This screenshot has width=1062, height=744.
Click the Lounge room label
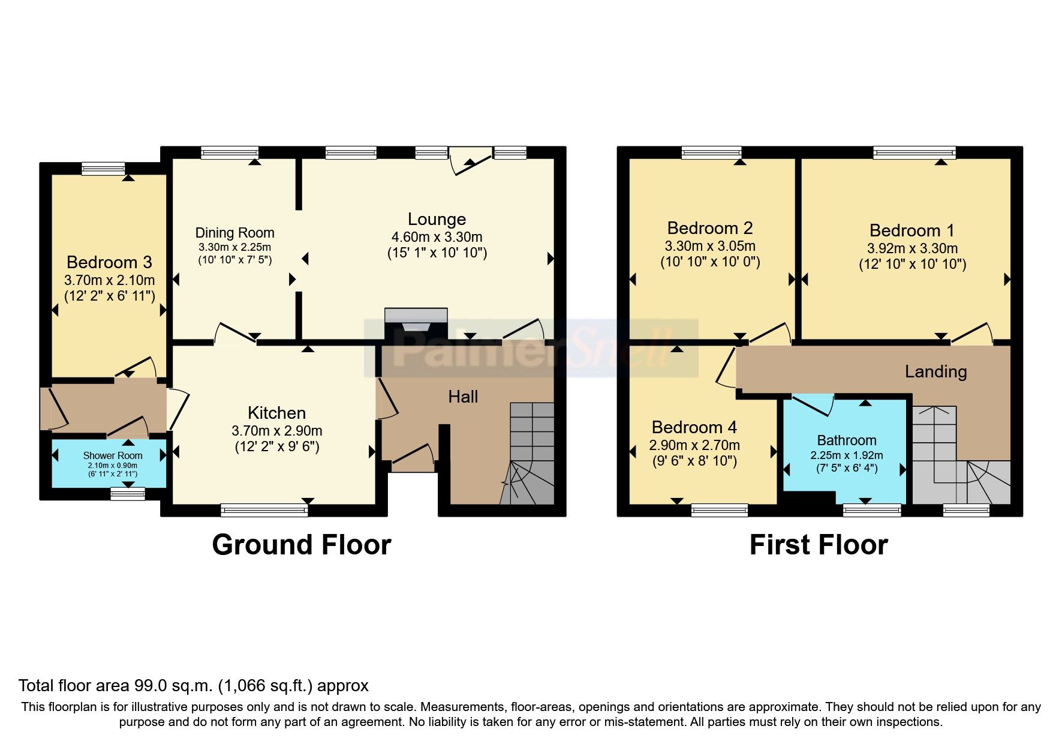(437, 219)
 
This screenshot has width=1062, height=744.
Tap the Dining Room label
(234, 233)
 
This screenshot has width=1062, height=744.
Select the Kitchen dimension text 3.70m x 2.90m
(276, 431)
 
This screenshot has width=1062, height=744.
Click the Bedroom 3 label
(109, 262)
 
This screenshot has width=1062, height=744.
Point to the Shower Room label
(112, 456)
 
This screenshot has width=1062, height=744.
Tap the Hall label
(463, 397)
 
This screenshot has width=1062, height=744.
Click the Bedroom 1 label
(911, 230)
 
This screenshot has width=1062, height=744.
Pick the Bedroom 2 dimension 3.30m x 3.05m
(710, 246)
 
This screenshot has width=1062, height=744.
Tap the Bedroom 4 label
(694, 427)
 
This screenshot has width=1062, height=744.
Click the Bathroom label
(846, 440)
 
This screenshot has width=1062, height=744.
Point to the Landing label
(935, 372)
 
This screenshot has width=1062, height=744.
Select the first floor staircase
(959, 456)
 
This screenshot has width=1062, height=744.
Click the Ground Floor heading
(302, 545)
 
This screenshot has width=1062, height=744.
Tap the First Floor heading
(819, 545)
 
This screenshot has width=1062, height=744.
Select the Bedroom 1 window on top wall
(914, 153)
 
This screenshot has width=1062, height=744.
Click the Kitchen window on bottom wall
(264, 510)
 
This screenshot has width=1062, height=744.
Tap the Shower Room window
(128, 494)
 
